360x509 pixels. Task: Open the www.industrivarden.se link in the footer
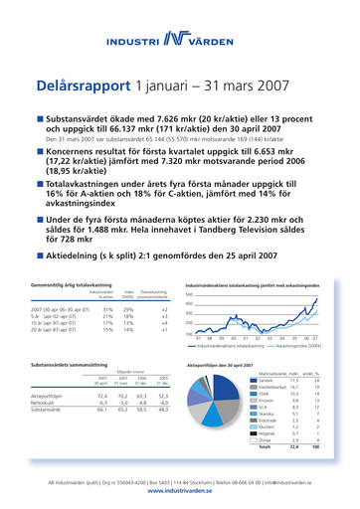179,493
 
